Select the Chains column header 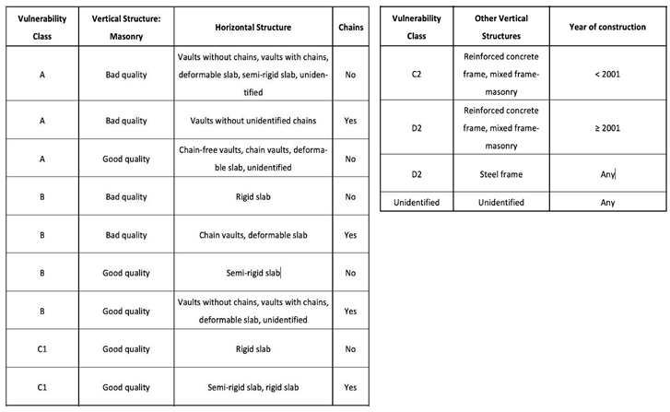click(x=350, y=28)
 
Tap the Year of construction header click(x=605, y=28)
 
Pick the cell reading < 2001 click(x=605, y=74)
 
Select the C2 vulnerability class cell click(x=416, y=74)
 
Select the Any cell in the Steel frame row click(x=605, y=174)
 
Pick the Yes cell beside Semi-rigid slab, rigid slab click(x=350, y=387)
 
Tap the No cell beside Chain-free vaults click(x=350, y=159)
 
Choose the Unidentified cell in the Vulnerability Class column click(x=416, y=202)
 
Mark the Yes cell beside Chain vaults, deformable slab click(x=350, y=235)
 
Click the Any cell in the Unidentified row click(x=605, y=202)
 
